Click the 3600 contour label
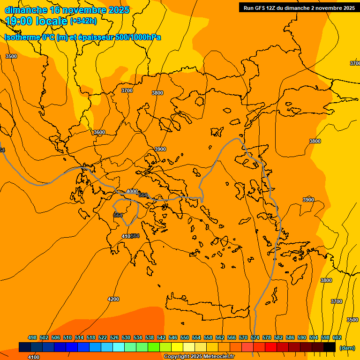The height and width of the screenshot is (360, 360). pos(99,133)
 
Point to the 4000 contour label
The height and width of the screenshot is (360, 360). pos(132,191)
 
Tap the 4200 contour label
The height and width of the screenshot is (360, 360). pos(113,299)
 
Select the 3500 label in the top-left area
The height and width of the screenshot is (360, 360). pos(11,56)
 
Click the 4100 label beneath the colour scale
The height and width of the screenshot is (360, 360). pos(34,357)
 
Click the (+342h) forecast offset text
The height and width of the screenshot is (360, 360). pos(83,21)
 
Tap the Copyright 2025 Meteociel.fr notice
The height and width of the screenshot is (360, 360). pos(199,357)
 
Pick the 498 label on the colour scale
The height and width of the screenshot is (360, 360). pos(32,337)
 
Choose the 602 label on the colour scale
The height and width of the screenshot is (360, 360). pos(337,337)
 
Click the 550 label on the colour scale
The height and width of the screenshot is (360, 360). pos(185,337)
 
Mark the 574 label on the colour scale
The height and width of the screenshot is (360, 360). pos(255,337)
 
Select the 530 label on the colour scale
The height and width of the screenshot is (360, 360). pos(126,337)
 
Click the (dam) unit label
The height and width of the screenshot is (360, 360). pos(347,347)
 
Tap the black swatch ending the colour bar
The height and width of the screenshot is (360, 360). pos(330,347)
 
